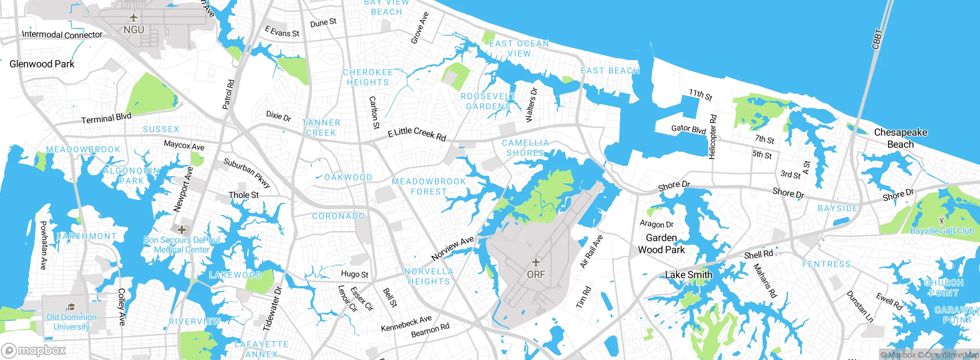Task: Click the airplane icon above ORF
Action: coord(536,262)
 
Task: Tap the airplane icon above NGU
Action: coord(134,18)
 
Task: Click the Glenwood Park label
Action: coord(42,64)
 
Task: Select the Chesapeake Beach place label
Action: coord(900,138)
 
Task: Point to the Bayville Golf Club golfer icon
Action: coord(942,221)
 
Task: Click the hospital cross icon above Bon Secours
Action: coord(182,230)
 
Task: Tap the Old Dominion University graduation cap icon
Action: coord(71,307)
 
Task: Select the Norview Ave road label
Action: coord(452,249)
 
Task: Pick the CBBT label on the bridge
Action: coord(877,39)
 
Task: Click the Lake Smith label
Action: coord(688,275)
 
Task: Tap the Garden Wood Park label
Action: coord(661,244)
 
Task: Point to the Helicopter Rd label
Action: coord(712,137)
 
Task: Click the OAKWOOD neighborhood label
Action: coord(348,177)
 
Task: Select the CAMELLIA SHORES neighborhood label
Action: coord(525,148)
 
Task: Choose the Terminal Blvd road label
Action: coord(106,118)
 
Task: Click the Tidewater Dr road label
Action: coord(272,309)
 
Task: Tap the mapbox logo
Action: coord(34,350)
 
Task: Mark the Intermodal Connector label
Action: coord(62,35)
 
